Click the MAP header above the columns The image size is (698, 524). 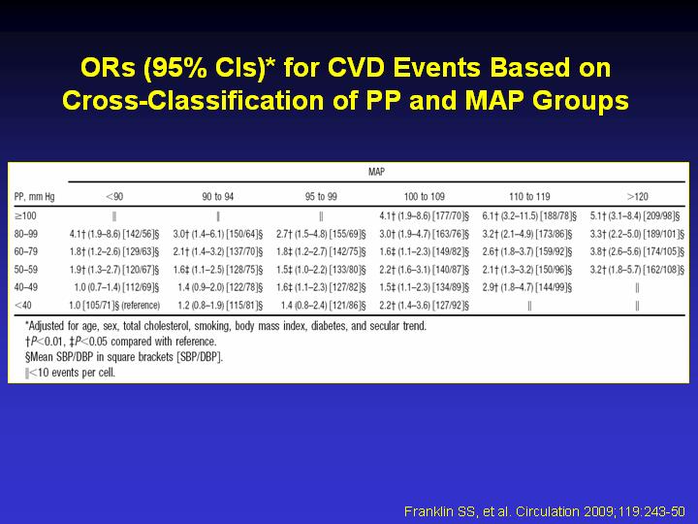click(x=376, y=172)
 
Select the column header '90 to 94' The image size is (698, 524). click(x=218, y=196)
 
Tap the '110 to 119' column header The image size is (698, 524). click(x=529, y=196)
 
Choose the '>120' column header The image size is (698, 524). click(x=637, y=196)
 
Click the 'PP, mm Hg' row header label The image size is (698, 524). click(x=34, y=196)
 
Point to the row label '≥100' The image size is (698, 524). click(x=25, y=216)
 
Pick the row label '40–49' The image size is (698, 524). click(x=26, y=287)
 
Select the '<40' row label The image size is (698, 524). click(x=22, y=306)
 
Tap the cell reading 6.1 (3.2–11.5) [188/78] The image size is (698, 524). click(x=529, y=216)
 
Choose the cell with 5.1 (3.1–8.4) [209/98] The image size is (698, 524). click(x=635, y=216)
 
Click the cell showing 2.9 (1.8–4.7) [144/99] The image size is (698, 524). click(x=527, y=288)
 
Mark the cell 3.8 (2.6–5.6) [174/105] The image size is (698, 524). click(x=637, y=252)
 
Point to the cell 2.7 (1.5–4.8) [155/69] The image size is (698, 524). click(x=321, y=235)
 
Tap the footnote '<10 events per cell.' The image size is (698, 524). click(x=71, y=373)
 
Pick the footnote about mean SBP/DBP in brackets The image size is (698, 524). click(x=124, y=357)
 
